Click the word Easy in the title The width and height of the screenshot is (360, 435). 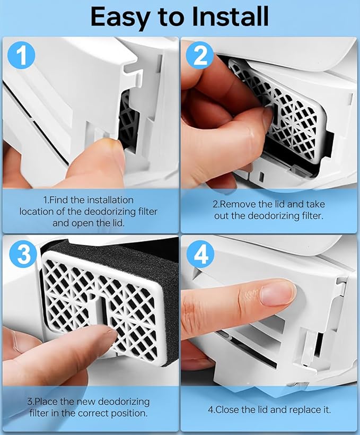click(119, 18)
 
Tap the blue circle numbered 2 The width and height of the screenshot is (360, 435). click(200, 56)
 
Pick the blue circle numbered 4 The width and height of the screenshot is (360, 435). click(200, 254)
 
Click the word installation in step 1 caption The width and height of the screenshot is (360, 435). click(110, 200)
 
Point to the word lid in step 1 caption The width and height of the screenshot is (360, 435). click(118, 223)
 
